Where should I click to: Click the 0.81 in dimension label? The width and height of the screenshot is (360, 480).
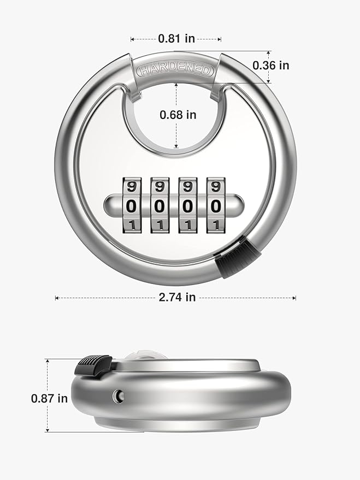coord(175,39)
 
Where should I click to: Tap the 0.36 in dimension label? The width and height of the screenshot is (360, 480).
coord(271,65)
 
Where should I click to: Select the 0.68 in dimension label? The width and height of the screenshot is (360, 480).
coord(178,115)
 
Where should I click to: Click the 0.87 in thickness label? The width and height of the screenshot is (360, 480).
coord(49,398)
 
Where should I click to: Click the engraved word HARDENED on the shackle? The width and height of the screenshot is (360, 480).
coord(175,69)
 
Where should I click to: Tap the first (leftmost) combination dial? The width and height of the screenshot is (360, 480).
coord(131,205)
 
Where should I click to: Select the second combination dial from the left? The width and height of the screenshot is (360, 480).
coord(160,205)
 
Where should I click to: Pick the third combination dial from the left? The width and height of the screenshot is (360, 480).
coord(187,205)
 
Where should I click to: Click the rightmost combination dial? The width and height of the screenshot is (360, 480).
coord(216,205)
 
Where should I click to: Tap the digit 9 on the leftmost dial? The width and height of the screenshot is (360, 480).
coord(131,186)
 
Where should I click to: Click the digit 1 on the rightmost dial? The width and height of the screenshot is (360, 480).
coord(216,224)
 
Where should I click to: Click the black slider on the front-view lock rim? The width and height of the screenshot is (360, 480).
coord(237,259)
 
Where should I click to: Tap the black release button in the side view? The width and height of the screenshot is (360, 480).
coord(94,365)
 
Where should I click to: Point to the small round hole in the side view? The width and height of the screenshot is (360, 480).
coord(118,394)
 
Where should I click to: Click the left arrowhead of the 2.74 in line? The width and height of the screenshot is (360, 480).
coord(56,298)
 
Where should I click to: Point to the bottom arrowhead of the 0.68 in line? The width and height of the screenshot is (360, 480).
coord(176,147)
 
